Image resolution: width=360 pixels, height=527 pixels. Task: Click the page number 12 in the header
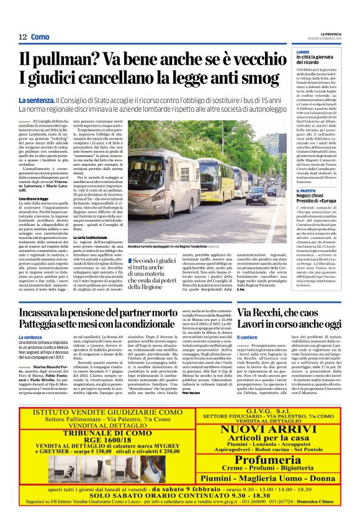click(x=22, y=37)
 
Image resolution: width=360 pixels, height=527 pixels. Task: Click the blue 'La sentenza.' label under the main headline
click(x=35, y=100)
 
